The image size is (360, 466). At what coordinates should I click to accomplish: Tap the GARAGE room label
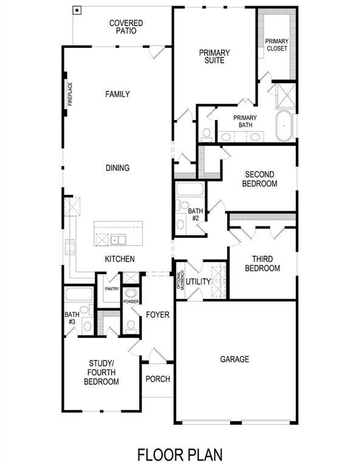[234, 359]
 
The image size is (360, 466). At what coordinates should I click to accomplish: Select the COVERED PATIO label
[126, 27]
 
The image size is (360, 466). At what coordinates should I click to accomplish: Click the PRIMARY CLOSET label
[276, 44]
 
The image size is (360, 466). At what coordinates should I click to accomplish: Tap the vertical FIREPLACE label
[70, 94]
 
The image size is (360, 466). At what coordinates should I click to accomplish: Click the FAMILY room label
[117, 94]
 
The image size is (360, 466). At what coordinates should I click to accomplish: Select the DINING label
[117, 168]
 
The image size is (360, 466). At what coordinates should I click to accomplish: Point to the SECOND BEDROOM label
[260, 179]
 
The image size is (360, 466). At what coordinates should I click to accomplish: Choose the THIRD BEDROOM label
[262, 264]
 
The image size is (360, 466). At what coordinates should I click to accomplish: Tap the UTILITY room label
[198, 282]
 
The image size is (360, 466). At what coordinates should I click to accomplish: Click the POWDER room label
[131, 301]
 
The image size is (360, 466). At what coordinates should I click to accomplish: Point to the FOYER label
[157, 315]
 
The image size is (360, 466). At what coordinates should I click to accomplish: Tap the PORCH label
[157, 379]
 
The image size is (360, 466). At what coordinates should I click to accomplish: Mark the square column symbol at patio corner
[76, 10]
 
